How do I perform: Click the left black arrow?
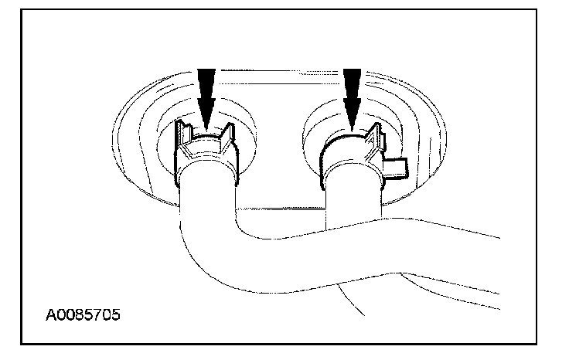205,97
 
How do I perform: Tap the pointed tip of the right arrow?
353,126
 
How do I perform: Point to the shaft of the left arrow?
205,81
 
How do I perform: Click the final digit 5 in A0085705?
117,316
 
